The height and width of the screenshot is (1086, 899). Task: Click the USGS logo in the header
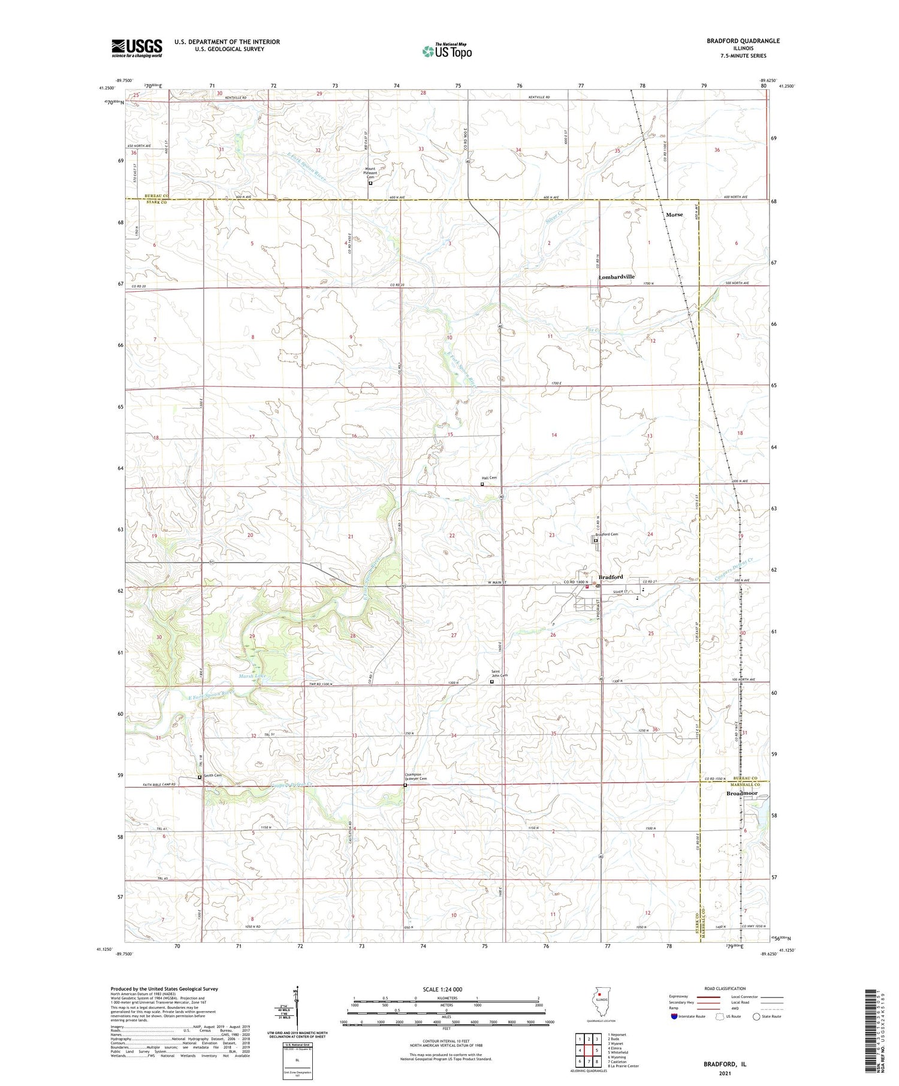(137, 48)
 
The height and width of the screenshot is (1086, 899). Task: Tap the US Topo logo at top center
(447, 51)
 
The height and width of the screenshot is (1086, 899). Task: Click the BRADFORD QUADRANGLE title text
(743, 41)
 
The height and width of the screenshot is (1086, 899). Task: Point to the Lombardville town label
(616, 277)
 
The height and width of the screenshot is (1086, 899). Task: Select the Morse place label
(674, 214)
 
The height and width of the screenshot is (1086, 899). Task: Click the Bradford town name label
(611, 577)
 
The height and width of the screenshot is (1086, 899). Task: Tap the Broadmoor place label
(742, 793)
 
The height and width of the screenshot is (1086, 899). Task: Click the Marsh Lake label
(252, 676)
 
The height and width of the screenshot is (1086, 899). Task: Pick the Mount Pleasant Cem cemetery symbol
(370, 183)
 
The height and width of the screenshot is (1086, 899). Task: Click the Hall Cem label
(489, 477)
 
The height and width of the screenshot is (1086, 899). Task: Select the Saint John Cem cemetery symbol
(492, 681)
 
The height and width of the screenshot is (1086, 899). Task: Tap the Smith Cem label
(213, 776)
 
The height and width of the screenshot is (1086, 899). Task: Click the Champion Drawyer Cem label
(416, 776)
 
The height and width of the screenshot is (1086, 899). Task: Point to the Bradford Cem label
(606, 534)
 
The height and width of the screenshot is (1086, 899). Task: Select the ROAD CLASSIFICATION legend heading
(725, 988)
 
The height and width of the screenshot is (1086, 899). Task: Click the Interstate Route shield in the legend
(674, 1017)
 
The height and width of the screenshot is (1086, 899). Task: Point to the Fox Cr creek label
(609, 328)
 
